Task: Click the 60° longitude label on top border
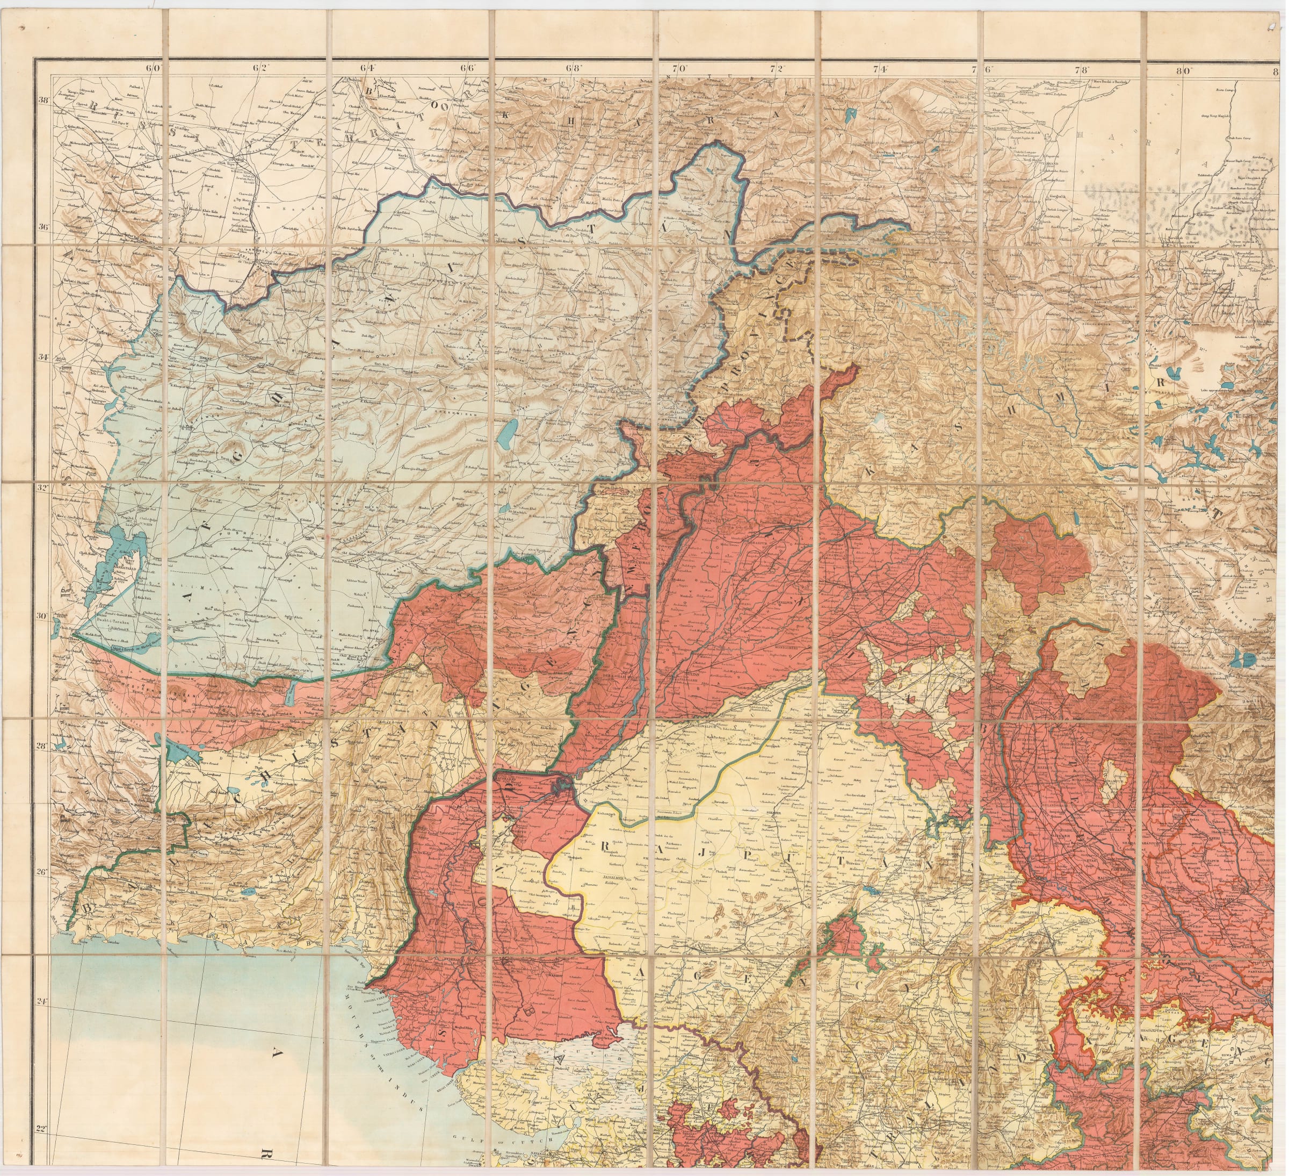(154, 67)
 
